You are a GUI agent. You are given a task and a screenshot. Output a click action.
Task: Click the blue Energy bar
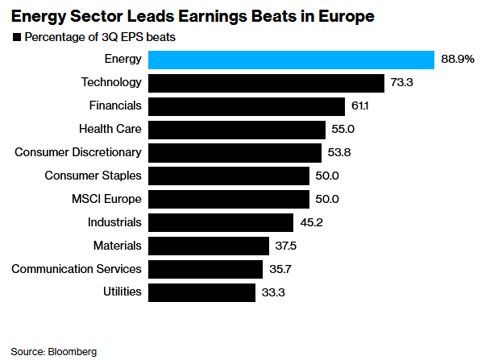point(293,60)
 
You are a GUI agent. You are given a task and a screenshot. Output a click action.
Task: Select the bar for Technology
point(267,83)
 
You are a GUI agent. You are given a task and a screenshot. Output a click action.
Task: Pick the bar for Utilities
point(202,292)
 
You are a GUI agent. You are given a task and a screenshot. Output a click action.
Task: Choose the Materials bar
point(209,246)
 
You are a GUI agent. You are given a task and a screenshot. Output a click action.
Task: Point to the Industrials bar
point(221,222)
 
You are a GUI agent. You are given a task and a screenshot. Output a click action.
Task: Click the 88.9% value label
point(459,60)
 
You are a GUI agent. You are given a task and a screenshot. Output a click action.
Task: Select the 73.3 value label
point(403,83)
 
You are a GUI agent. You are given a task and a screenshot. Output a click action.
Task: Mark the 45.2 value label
point(313,222)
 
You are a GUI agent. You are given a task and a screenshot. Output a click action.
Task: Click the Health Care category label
point(110,129)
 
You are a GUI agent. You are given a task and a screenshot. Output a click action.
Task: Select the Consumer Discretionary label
point(79,152)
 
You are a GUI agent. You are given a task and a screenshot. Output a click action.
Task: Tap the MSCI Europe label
point(106,198)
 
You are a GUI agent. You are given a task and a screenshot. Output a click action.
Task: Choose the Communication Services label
point(77,268)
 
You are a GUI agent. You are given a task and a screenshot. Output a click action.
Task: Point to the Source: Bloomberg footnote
point(53,351)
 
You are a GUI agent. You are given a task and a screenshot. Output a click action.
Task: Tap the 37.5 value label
point(289,246)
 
